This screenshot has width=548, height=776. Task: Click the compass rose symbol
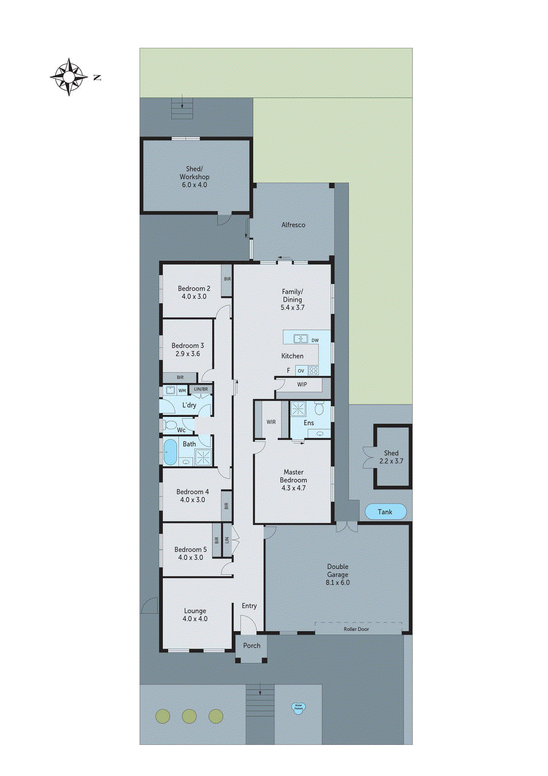69,77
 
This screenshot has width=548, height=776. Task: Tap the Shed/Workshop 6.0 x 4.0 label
194,177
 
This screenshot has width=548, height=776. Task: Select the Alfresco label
293,225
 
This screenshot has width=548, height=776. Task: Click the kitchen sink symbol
300,339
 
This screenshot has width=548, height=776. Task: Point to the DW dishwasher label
315,340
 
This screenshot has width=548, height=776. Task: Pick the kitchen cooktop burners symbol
313,371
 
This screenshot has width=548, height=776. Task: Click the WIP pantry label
302,384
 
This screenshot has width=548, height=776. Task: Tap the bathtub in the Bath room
170,452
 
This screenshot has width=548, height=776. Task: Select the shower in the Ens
298,408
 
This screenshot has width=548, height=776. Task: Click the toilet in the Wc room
170,425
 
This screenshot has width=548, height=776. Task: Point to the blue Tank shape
385,512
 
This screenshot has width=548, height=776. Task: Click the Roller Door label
356,629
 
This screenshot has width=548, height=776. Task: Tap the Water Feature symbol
298,708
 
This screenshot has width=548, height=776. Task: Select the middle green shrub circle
189,716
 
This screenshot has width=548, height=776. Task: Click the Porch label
251,646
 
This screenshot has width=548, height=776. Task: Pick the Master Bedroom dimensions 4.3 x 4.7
293,488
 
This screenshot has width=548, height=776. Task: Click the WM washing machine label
182,390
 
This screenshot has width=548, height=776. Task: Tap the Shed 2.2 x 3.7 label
391,457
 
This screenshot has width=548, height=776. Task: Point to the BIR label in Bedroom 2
227,279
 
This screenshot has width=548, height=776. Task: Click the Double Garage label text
337,570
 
